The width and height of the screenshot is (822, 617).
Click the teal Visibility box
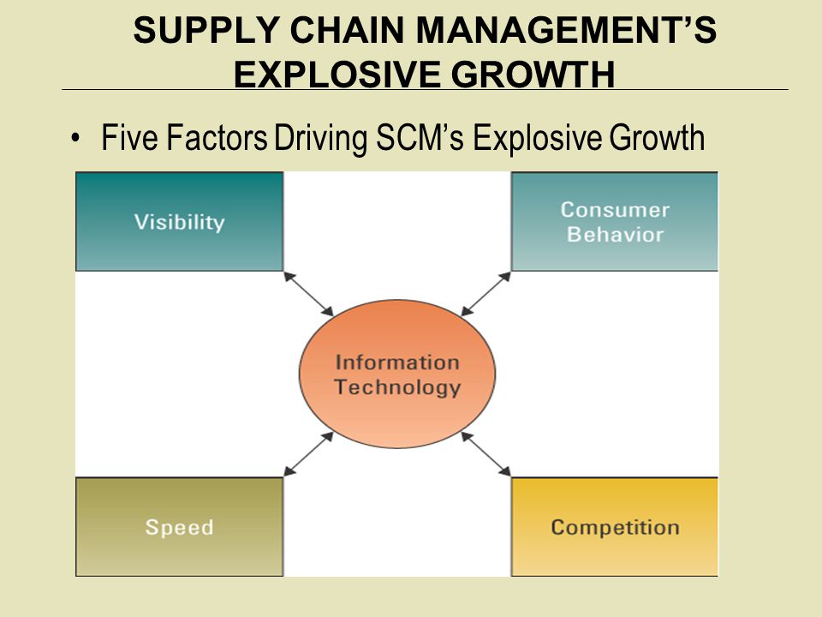point(179,222)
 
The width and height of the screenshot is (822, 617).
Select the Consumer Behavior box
point(615,222)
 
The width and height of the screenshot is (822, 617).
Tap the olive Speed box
point(179,526)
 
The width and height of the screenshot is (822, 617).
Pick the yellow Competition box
point(615,526)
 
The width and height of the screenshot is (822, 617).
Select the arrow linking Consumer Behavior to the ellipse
point(485,294)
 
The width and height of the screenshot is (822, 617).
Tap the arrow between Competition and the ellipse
point(485,453)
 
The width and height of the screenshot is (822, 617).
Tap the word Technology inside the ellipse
point(397,387)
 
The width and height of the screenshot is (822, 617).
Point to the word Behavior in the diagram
point(615,235)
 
